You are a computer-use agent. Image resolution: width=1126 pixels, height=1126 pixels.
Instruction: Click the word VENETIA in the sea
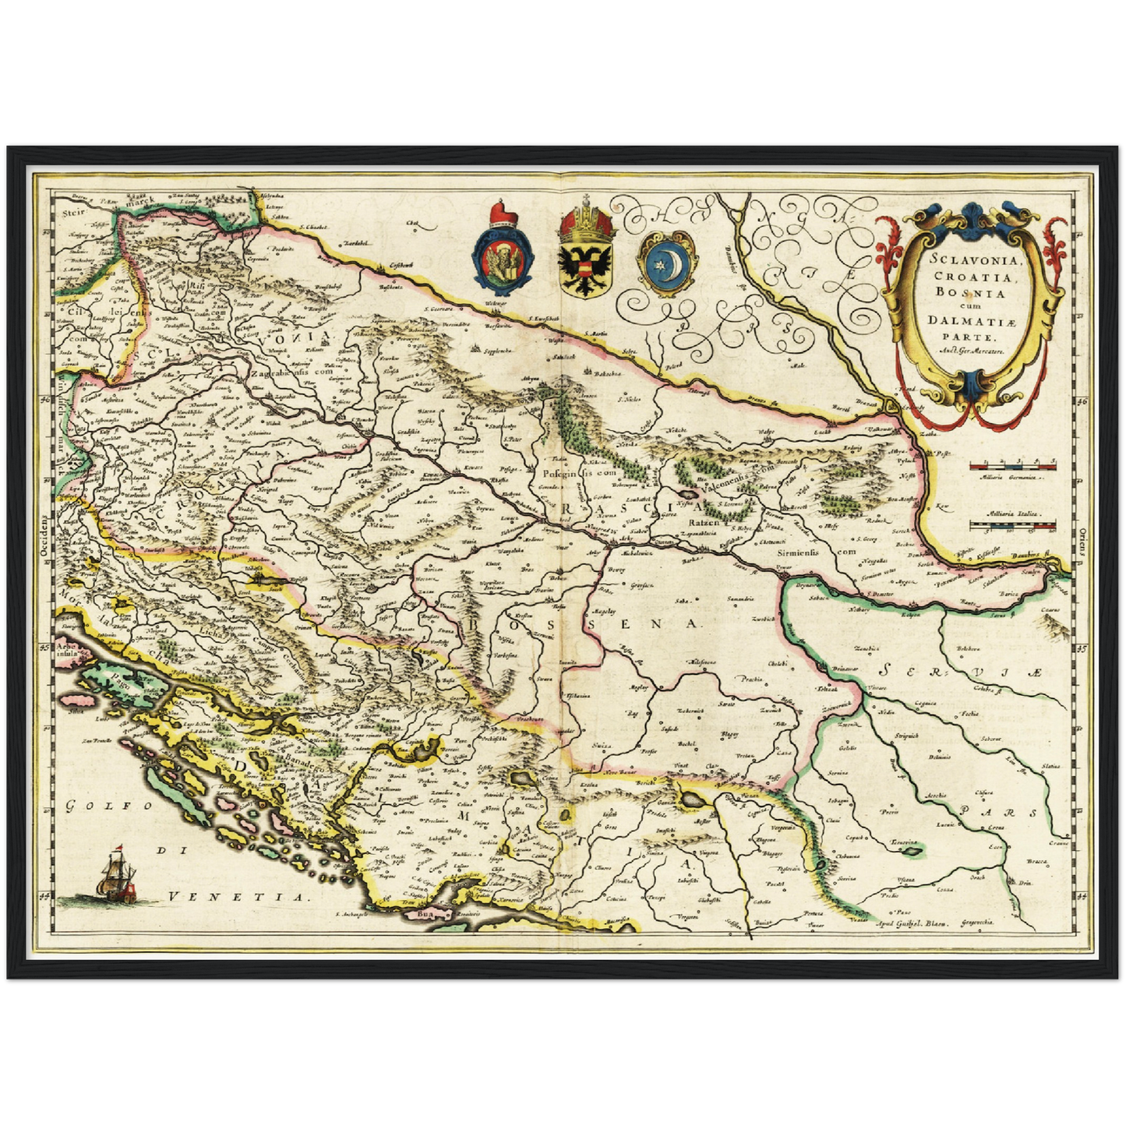tap(237, 896)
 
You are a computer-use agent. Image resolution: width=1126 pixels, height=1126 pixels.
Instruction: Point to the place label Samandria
tap(739, 598)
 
